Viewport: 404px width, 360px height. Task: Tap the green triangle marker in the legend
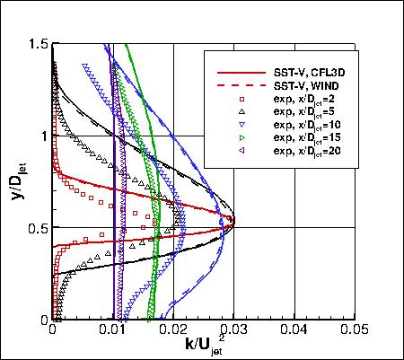(242, 138)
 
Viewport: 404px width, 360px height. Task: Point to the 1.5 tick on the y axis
(39, 43)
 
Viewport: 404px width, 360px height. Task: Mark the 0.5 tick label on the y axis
(39, 228)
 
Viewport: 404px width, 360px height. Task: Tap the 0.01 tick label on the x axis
(114, 330)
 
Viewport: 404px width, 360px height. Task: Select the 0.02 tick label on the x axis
(174, 330)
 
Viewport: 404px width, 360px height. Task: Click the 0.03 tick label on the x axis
(234, 330)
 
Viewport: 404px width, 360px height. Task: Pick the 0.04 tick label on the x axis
(294, 330)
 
